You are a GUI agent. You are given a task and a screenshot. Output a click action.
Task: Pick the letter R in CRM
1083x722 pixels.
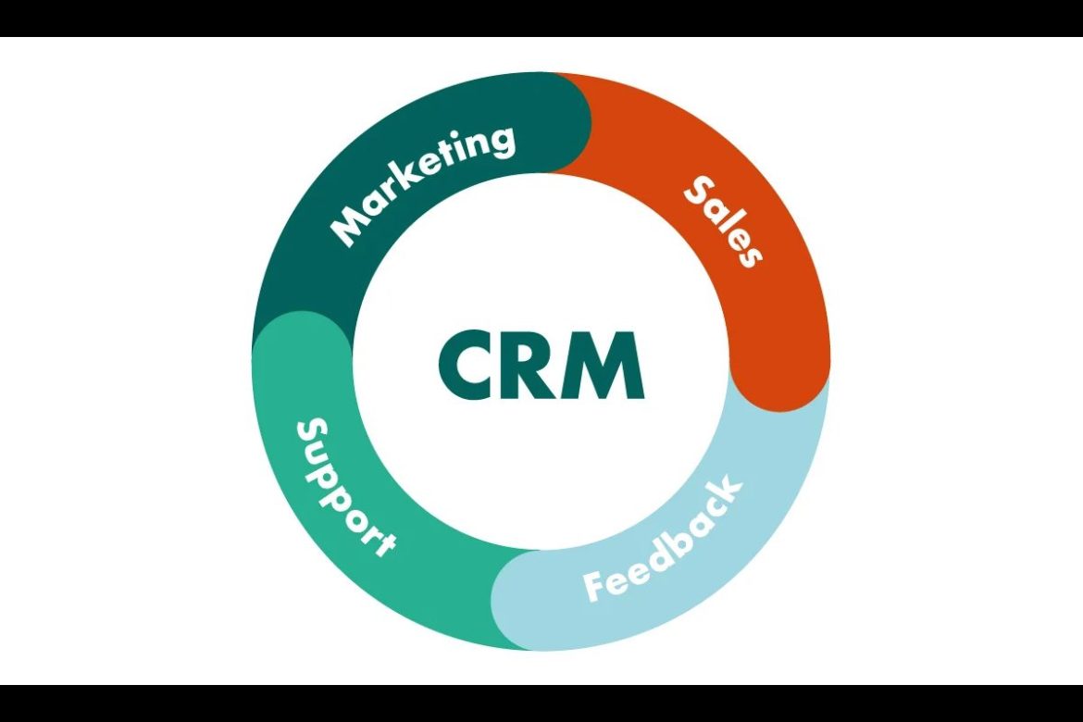541,366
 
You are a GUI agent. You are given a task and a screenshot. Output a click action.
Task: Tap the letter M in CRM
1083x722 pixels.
607,366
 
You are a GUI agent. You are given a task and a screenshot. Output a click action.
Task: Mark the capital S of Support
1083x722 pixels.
312,433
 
